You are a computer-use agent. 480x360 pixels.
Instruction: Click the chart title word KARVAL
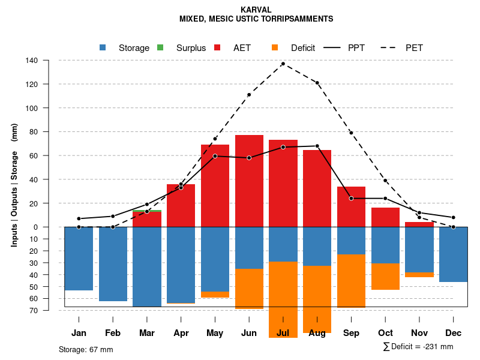pyautogui.click(x=256, y=10)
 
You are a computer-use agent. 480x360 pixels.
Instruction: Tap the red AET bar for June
pyautogui.click(x=249, y=181)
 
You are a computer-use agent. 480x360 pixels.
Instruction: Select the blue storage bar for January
pyautogui.click(x=79, y=259)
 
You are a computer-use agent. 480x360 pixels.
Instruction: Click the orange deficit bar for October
pyautogui.click(x=385, y=277)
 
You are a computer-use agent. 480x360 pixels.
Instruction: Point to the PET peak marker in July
pyautogui.click(x=283, y=64)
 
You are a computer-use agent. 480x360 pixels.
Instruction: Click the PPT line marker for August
pyautogui.click(x=317, y=146)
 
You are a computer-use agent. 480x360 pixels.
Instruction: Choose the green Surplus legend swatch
pyautogui.click(x=160, y=47)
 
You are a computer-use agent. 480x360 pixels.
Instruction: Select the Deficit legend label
pyautogui.click(x=303, y=48)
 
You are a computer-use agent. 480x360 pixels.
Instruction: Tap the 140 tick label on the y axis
pyautogui.click(x=32, y=61)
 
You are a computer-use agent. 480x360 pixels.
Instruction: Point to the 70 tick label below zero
pyautogui.click(x=34, y=310)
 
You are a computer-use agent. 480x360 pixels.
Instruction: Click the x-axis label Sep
pyautogui.click(x=351, y=333)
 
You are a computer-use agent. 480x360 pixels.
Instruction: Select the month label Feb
pyautogui.click(x=113, y=333)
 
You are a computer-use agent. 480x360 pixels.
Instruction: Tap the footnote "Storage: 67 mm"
pyautogui.click(x=86, y=349)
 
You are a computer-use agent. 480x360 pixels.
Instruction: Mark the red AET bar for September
pyautogui.click(x=351, y=206)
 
